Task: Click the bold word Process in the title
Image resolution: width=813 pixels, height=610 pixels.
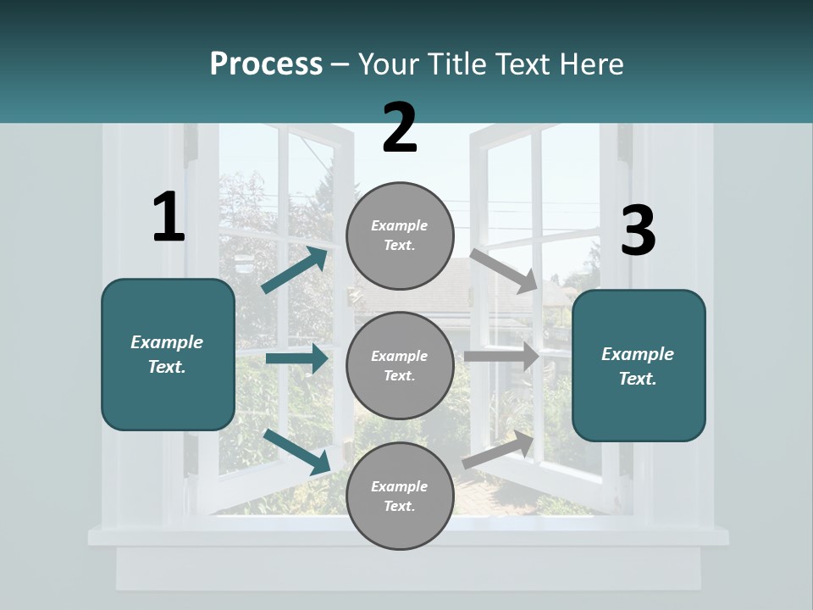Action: [x=266, y=64]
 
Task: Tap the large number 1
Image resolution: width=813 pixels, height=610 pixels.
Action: [x=169, y=218]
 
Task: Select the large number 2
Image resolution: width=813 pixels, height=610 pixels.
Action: [x=400, y=128]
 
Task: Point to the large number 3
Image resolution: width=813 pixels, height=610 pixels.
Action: [x=638, y=231]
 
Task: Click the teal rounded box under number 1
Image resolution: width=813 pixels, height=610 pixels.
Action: [x=168, y=354]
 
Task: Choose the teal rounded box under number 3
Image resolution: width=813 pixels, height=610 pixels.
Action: [x=639, y=365]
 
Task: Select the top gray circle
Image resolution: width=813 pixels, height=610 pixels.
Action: [x=400, y=236]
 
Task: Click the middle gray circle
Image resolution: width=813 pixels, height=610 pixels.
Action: [x=400, y=365]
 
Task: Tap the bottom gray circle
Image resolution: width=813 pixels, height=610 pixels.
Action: [x=400, y=496]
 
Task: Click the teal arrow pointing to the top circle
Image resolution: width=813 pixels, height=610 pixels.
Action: [x=295, y=270]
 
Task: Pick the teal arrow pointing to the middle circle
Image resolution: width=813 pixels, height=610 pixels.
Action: [x=296, y=358]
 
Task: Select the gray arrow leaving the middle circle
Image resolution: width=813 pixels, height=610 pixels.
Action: [x=501, y=357]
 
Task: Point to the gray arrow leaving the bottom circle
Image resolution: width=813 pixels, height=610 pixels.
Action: [x=499, y=450]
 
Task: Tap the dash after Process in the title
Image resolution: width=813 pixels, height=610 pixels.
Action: [x=340, y=64]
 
